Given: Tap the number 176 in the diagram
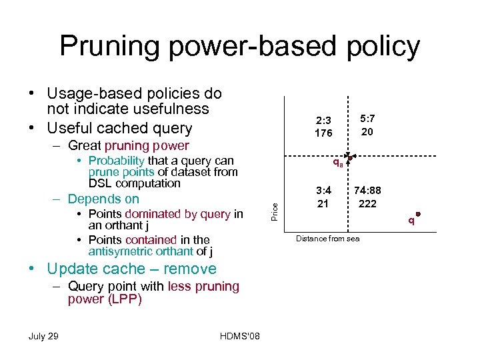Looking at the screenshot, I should (324, 133).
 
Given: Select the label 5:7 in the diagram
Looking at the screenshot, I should (367, 119).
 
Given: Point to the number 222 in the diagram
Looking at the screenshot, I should (367, 203).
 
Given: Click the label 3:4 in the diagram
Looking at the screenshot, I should (323, 191).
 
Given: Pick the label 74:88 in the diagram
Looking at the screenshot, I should (367, 191).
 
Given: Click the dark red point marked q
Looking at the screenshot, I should (418, 214).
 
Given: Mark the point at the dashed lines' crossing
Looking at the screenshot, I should (349, 159).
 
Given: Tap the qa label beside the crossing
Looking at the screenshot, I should (338, 163).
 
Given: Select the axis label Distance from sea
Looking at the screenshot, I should (327, 239).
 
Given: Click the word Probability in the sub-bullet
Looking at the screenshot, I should (116, 161).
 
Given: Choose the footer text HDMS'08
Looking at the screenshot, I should (240, 336).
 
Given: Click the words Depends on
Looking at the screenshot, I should (103, 199).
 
